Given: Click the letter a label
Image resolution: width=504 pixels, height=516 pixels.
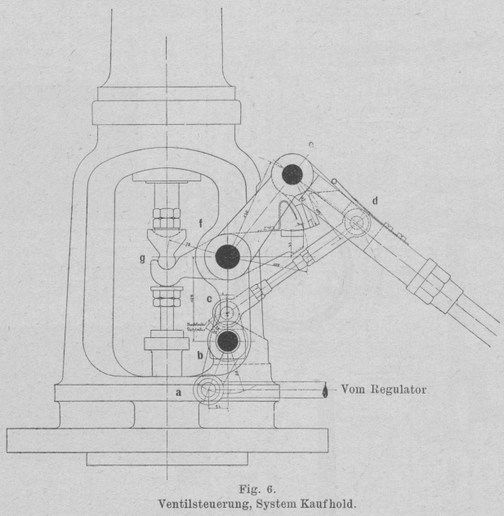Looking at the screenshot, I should tap(179, 392).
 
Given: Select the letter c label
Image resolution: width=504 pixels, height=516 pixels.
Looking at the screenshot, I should tap(210, 300).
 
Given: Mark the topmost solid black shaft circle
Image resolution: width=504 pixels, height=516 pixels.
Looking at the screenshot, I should tap(292, 175).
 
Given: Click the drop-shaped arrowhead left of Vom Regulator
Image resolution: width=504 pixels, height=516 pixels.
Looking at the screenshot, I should tap(327, 390).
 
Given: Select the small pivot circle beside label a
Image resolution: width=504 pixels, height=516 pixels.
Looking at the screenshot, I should tap(212, 391).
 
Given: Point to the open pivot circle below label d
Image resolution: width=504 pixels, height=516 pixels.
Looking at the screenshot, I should tap(357, 222).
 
